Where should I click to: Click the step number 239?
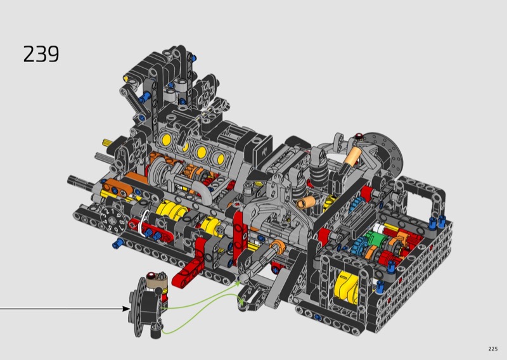tap(41, 54)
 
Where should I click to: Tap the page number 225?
tap(493, 349)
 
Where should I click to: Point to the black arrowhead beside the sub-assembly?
tap(126, 309)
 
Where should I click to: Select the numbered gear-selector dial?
tap(112, 220)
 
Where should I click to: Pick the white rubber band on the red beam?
tap(143, 222)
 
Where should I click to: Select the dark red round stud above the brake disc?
tap(358, 136)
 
